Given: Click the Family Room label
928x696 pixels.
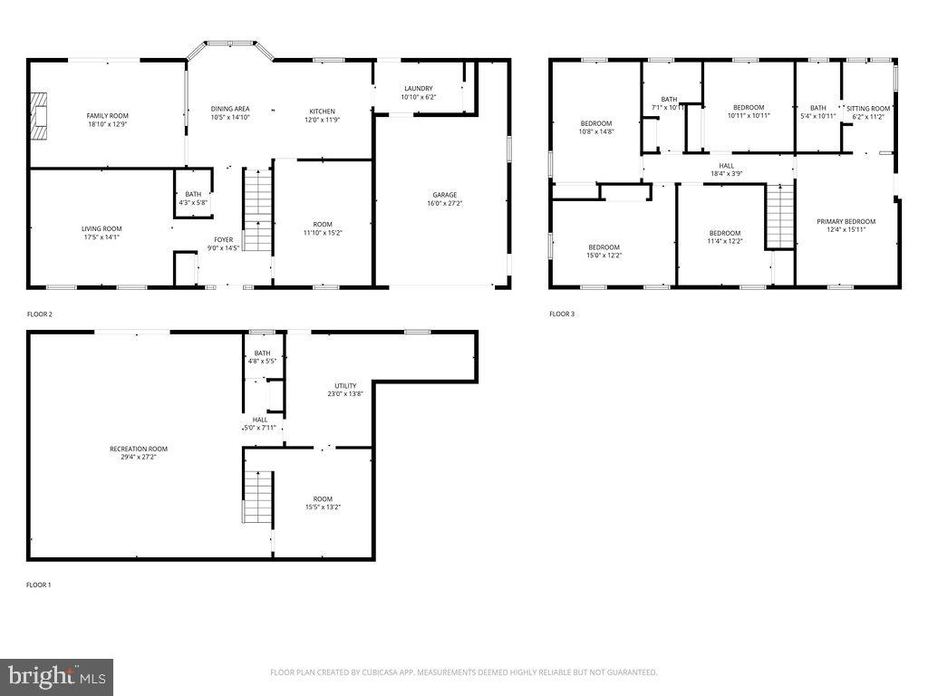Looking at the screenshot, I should point(107,115).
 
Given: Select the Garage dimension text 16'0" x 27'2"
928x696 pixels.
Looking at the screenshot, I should point(444,203).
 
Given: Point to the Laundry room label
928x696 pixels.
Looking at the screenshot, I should point(418,88).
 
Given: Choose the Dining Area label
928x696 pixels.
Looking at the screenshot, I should point(230,108).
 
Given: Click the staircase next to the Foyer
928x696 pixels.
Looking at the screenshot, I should point(257,210).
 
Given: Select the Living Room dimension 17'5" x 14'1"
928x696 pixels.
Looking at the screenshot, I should point(101,237).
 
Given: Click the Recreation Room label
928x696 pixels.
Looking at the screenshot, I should point(139,449).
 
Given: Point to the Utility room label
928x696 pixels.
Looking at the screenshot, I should point(345,385).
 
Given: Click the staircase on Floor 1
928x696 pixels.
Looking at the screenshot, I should point(258,497).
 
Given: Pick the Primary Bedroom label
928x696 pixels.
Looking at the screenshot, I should point(846,221).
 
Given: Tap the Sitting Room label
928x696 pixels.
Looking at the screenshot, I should point(868,108).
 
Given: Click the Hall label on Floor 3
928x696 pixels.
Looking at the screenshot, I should point(726,166).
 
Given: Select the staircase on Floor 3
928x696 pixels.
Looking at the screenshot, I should point(779,216).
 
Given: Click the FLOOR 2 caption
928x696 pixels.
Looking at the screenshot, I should point(40,314).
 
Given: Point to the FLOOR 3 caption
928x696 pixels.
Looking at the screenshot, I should point(562,314).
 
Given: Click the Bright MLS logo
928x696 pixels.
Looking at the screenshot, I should point(57,675).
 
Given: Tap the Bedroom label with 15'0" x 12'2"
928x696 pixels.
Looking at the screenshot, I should point(604,247).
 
